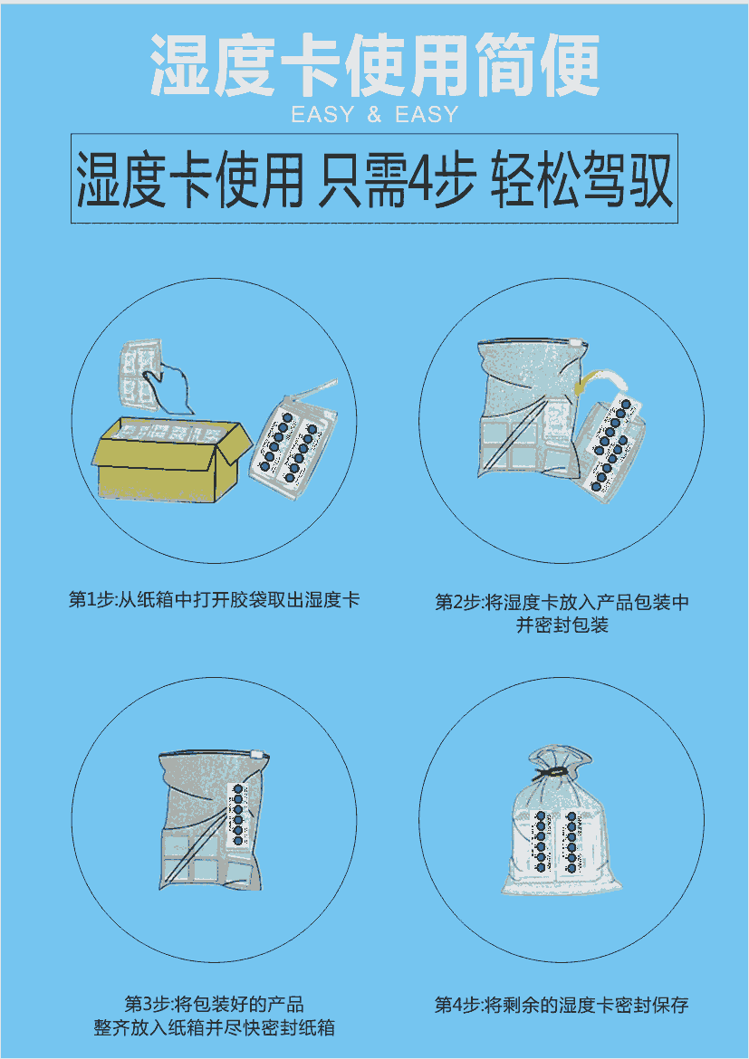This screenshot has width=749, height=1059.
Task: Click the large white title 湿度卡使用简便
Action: click(375, 64)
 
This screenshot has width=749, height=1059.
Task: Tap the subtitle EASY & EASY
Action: click(375, 115)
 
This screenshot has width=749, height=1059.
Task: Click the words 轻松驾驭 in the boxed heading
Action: click(581, 180)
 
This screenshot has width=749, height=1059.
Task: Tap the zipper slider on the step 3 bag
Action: click(254, 754)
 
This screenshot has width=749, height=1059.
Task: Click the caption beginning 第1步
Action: click(215, 600)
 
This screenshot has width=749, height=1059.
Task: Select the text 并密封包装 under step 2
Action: click(562, 625)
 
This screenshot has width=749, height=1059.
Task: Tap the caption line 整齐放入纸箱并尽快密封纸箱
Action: click(215, 1028)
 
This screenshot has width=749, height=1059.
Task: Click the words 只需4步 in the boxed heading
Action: click(396, 180)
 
